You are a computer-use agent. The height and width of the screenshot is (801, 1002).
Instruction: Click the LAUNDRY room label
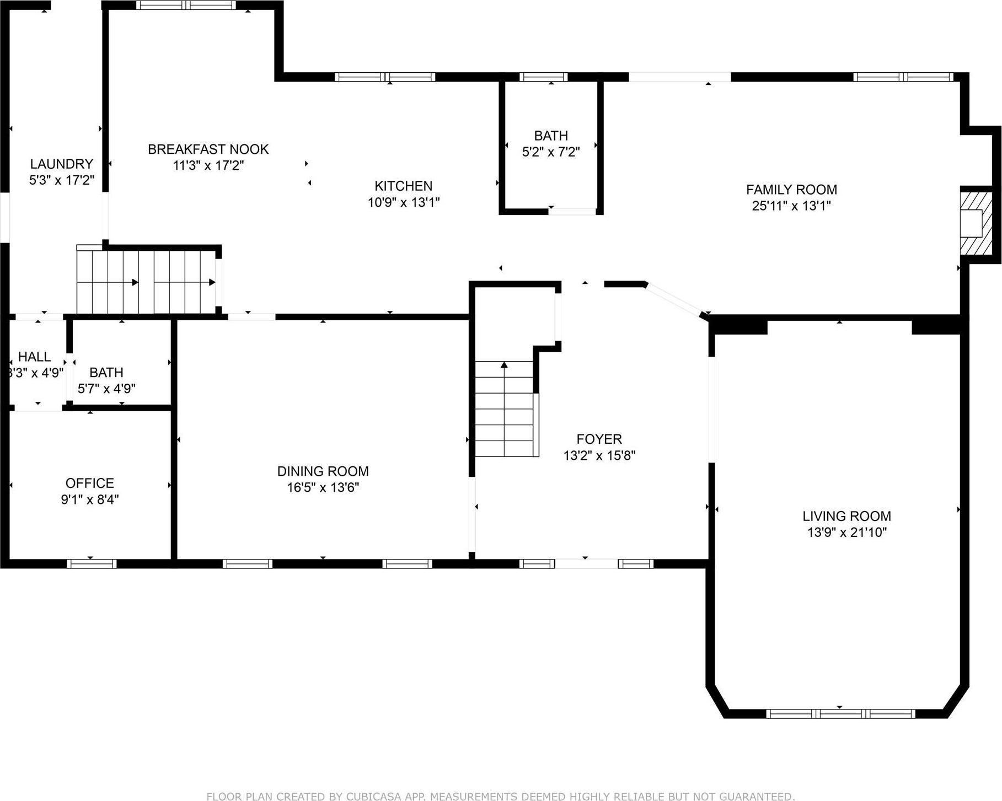61,164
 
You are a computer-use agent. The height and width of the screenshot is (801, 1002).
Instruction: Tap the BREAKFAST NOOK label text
208,149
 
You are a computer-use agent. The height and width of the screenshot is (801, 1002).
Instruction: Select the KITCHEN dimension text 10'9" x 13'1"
403,202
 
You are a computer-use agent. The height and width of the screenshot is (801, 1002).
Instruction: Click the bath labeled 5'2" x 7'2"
550,143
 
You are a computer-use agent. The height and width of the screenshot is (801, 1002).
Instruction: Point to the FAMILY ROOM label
791,190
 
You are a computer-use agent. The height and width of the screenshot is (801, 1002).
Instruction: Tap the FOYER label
599,439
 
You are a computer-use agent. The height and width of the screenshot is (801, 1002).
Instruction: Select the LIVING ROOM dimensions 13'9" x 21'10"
846,533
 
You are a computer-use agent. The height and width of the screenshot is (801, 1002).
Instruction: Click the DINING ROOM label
323,471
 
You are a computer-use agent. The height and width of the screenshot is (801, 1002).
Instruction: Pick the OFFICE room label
90,483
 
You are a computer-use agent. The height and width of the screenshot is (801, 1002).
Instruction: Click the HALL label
34,357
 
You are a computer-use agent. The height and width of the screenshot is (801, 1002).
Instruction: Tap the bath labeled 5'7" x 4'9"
106,380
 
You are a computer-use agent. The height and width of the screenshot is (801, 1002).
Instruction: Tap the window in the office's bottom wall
92,563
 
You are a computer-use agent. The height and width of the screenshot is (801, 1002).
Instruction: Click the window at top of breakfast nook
186,6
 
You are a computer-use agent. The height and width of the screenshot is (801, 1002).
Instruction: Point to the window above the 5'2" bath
543,77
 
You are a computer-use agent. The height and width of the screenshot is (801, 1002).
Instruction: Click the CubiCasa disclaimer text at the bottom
500,796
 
